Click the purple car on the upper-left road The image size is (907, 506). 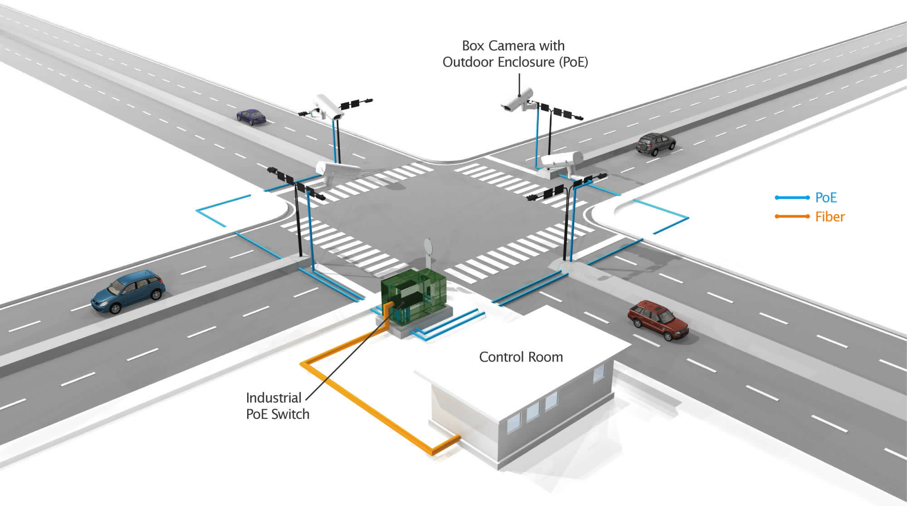pyautogui.click(x=251, y=116)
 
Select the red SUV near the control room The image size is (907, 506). pyautogui.click(x=658, y=319)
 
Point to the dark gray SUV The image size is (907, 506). pyautogui.click(x=655, y=143)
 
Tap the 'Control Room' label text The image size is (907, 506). pyautogui.click(x=521, y=357)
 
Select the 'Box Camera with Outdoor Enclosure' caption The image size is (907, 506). pyautogui.click(x=515, y=54)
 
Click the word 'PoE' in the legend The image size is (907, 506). pyautogui.click(x=826, y=197)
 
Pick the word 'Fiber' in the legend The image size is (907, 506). pyautogui.click(x=830, y=216)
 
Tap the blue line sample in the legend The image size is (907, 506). pyautogui.click(x=792, y=197)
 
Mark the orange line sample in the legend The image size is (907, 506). pyautogui.click(x=792, y=216)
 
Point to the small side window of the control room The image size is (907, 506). pyautogui.click(x=599, y=373)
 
